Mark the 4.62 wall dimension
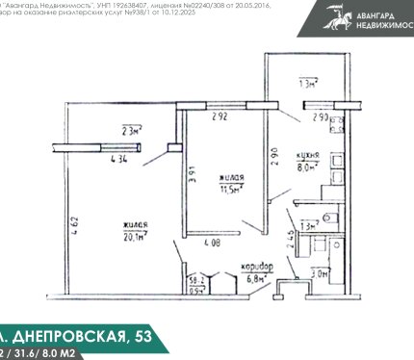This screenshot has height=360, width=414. [75, 228]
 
